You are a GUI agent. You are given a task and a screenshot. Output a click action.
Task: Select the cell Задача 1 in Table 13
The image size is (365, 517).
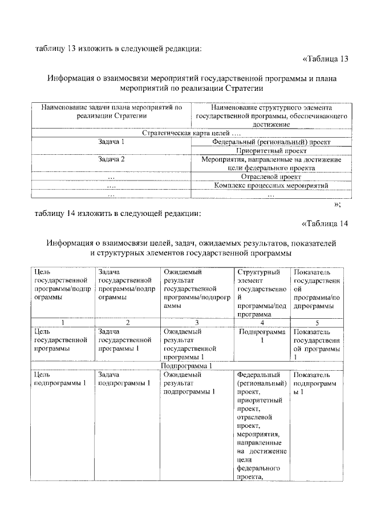(111, 141)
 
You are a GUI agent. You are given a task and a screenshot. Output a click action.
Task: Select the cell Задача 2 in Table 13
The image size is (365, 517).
(111, 159)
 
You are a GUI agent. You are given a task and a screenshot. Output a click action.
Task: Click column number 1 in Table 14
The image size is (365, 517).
(63, 322)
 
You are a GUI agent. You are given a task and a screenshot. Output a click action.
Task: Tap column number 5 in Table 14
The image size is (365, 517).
(317, 322)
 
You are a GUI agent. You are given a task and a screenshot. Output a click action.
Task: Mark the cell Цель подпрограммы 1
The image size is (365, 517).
(60, 379)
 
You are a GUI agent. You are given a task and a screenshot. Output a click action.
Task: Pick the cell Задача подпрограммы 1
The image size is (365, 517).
(124, 379)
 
